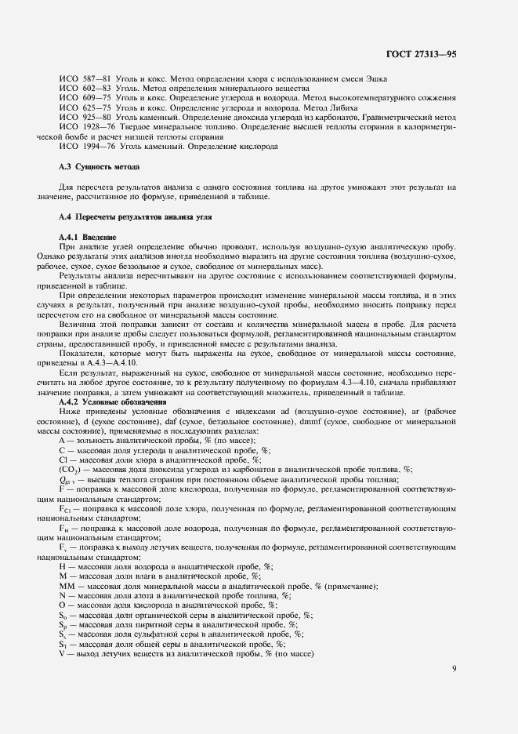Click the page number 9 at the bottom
pos(454,668)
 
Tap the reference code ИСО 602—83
pos(85,89)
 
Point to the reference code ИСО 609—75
pos(85,98)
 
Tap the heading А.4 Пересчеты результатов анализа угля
pos(135,216)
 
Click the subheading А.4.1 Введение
pos(88,236)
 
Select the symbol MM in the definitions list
pos(67,586)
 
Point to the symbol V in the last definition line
pos(62,652)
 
